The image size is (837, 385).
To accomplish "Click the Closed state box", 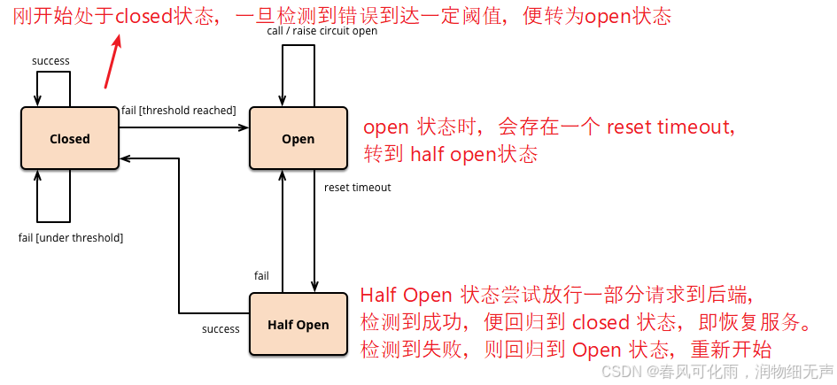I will (70, 138).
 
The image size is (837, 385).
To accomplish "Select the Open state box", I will (298, 138).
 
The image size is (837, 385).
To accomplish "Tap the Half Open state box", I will (298, 325).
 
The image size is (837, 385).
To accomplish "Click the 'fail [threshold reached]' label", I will (178, 110).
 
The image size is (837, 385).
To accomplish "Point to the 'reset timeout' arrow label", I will (357, 188).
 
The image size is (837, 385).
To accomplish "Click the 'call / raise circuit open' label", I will (322, 31).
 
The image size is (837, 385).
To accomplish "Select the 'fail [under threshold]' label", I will (71, 238).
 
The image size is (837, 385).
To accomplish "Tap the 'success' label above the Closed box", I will (50, 61).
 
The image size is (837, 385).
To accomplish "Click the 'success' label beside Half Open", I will (221, 329).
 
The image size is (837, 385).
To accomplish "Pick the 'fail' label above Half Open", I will (261, 276).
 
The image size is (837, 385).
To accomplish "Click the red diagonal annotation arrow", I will (112, 60).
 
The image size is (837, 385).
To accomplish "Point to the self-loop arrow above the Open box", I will (298, 62).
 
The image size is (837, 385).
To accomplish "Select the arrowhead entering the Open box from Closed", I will (243, 127).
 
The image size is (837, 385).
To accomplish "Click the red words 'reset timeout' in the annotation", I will (670, 127).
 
